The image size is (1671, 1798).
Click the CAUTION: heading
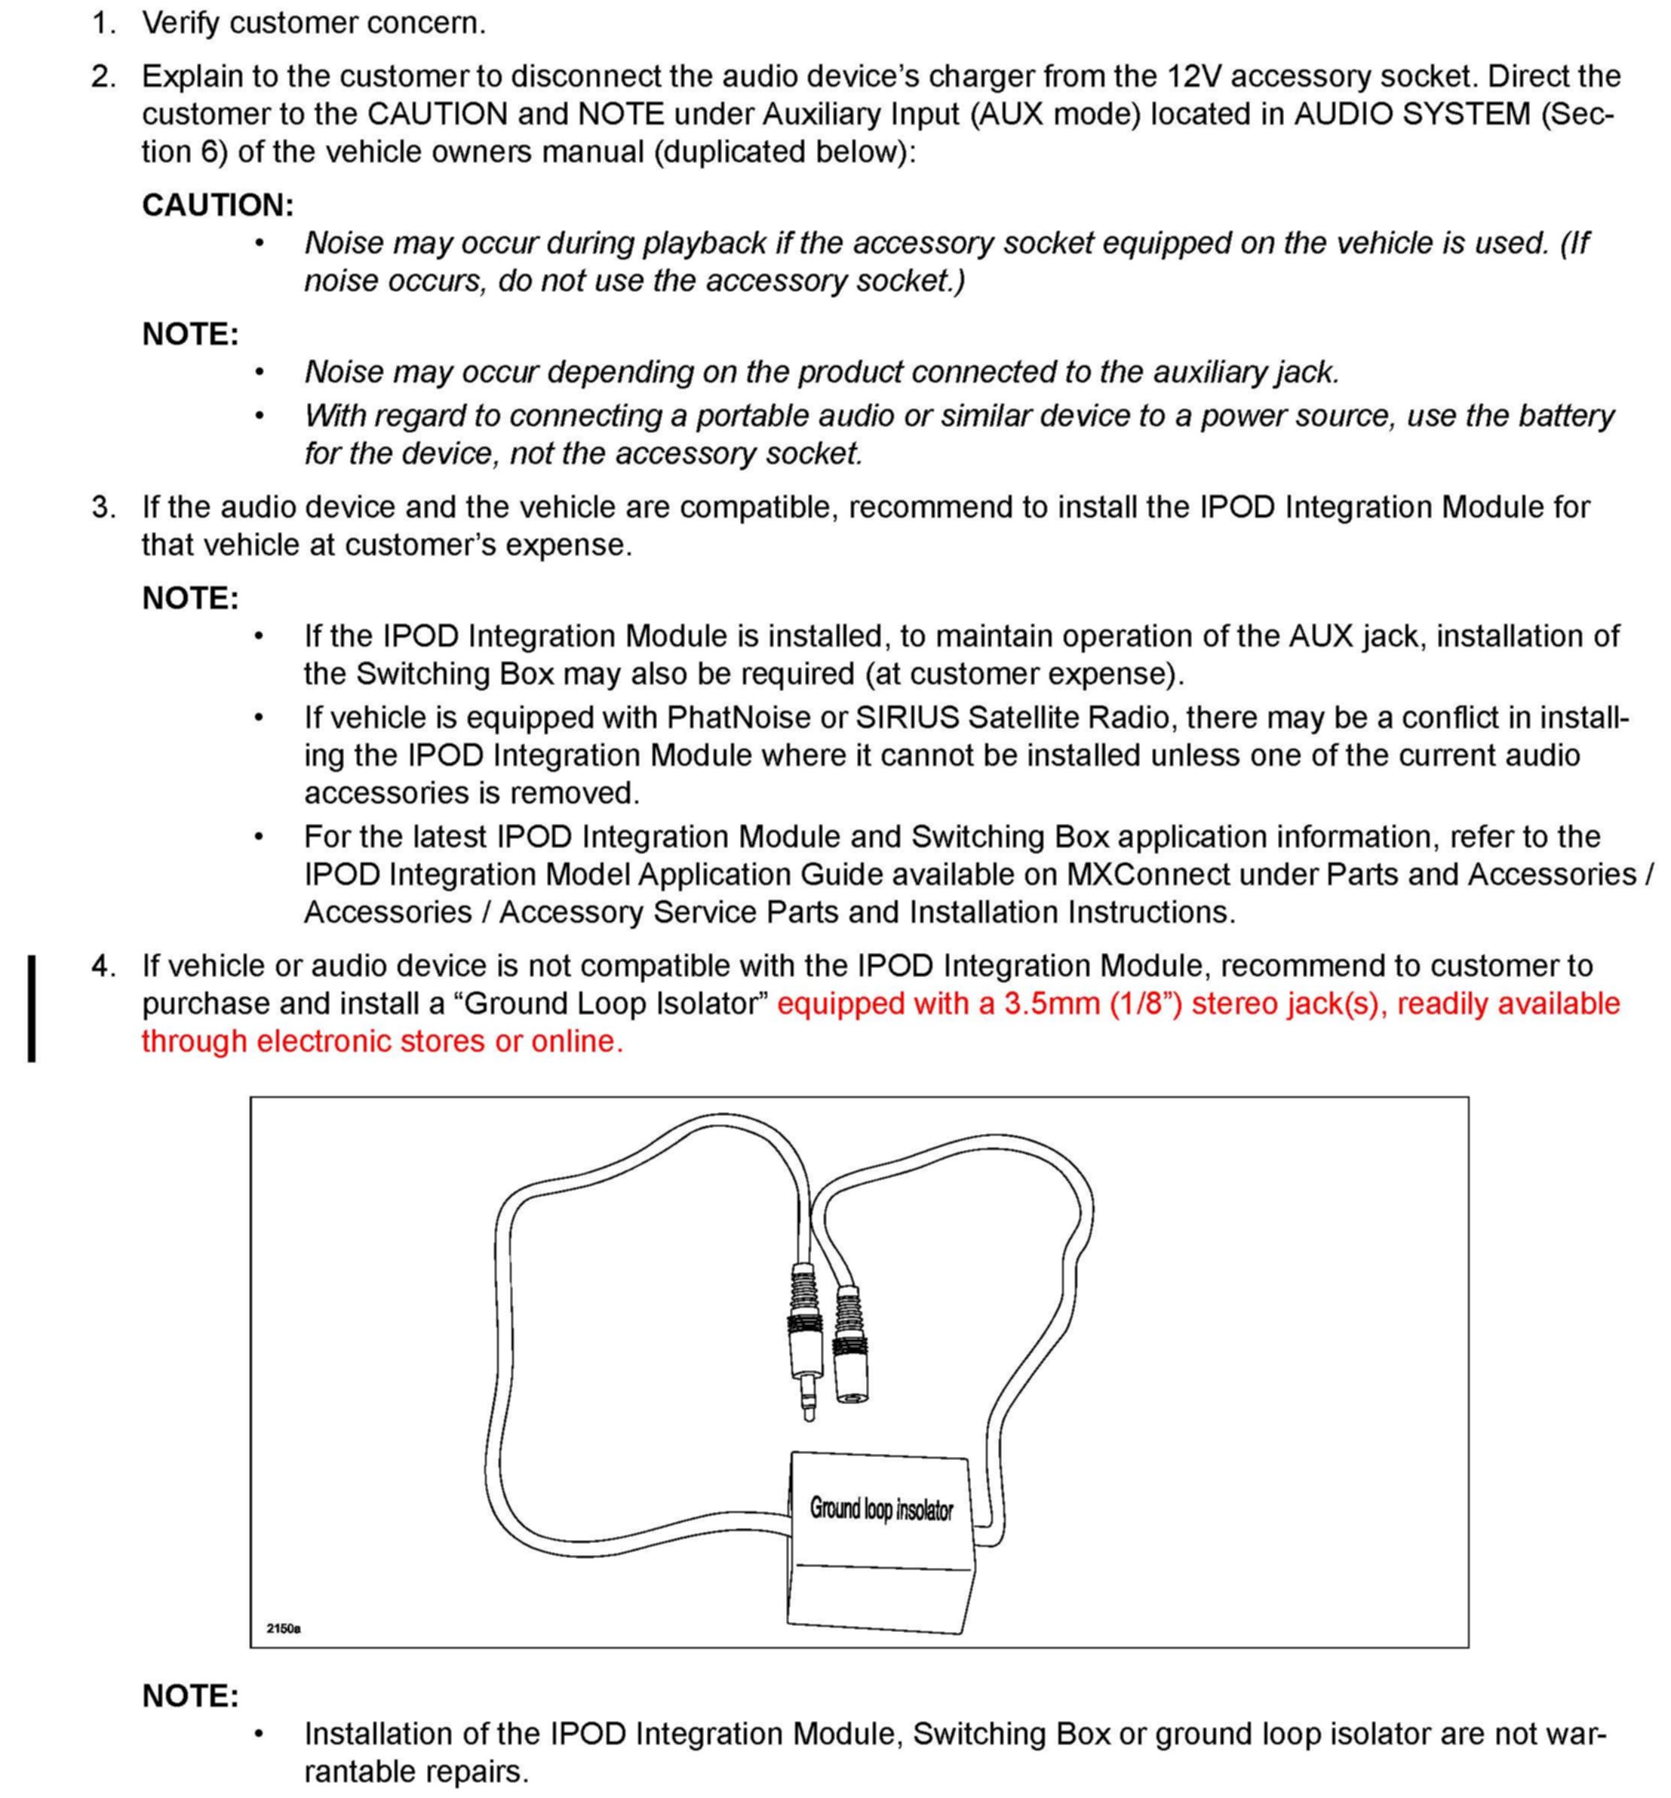click(218, 205)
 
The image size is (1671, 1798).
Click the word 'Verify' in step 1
click(181, 23)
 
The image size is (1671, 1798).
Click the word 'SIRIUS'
click(907, 718)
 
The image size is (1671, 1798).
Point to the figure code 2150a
click(283, 1628)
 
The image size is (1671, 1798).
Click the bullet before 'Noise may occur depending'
click(260, 372)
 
